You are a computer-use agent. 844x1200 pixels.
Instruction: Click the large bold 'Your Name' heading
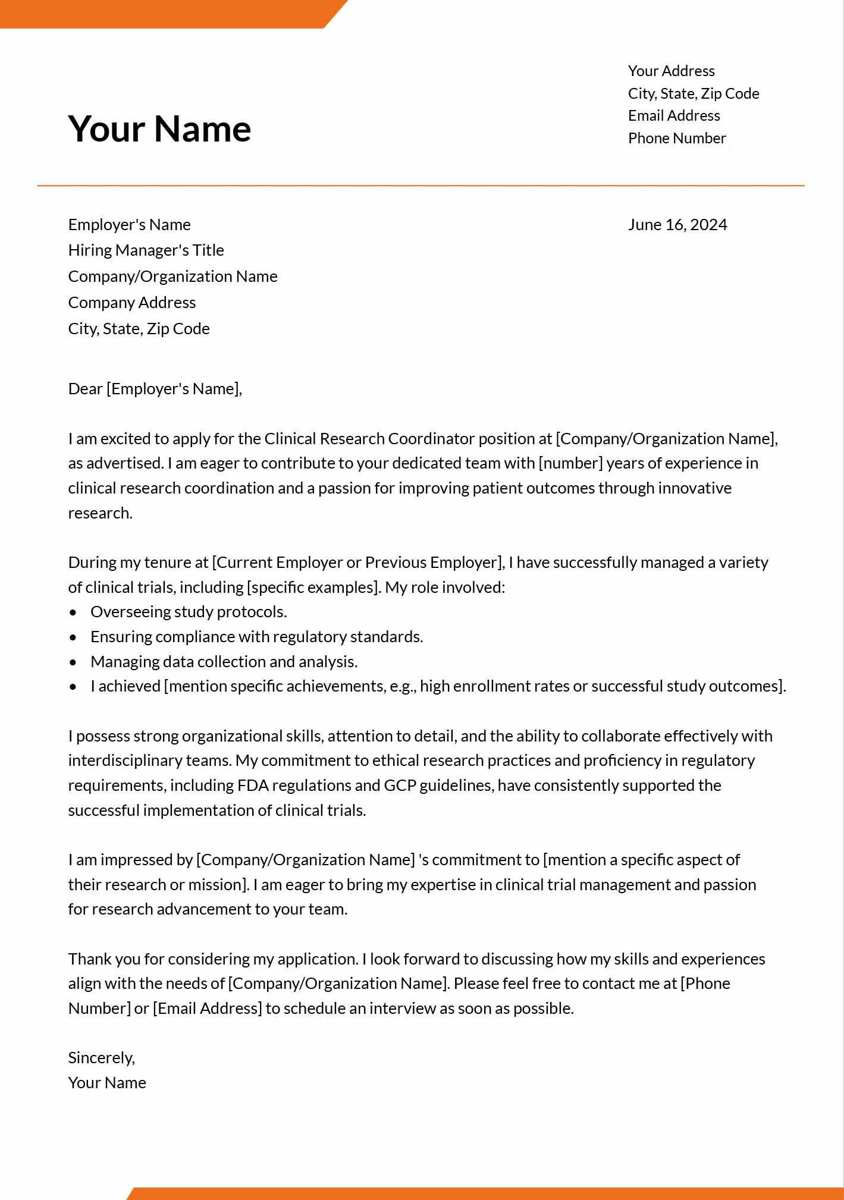[159, 129]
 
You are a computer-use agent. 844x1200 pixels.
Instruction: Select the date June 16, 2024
[677, 225]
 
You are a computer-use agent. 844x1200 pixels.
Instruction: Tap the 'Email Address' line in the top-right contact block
[673, 115]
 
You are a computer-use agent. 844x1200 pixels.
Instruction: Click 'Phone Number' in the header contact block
[676, 138]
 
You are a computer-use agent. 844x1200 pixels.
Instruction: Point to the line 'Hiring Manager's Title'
[146, 250]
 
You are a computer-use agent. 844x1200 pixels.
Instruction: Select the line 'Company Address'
[131, 303]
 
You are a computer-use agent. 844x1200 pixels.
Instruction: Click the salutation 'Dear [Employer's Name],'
[155, 389]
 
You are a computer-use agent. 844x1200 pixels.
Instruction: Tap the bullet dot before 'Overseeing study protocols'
[73, 612]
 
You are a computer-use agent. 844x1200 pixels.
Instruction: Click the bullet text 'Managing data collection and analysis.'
[224, 662]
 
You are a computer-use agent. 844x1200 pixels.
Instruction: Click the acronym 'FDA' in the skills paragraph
[252, 786]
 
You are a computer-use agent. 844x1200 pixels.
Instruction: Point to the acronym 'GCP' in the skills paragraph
[400, 786]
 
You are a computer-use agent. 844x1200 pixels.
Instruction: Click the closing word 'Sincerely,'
[101, 1058]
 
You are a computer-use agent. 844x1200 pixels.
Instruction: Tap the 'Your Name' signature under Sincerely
[107, 1083]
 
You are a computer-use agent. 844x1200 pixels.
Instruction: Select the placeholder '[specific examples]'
[313, 588]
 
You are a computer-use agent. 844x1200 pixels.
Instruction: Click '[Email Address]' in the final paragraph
[207, 1009]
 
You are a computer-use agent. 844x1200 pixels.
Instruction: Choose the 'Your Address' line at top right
[671, 71]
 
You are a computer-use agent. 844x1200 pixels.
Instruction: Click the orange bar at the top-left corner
[161, 13]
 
